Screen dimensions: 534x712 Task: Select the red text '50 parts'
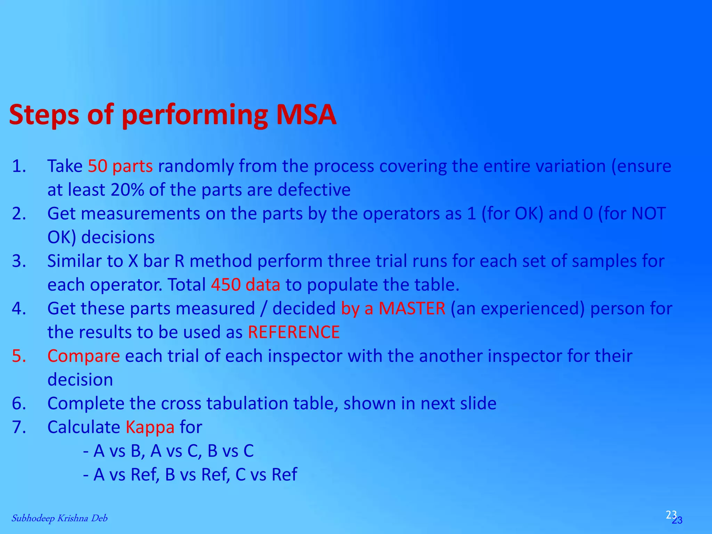(120, 166)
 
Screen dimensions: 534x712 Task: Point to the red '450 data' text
(245, 285)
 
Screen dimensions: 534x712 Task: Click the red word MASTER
(412, 308)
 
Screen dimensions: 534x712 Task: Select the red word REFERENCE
(294, 332)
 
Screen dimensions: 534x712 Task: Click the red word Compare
(83, 356)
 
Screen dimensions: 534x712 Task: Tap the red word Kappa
(150, 427)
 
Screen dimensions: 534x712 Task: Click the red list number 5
(19, 356)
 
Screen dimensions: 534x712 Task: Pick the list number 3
(19, 261)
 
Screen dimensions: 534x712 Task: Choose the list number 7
(19, 427)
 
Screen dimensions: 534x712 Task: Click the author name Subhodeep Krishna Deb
(59, 518)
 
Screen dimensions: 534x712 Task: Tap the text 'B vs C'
(230, 451)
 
